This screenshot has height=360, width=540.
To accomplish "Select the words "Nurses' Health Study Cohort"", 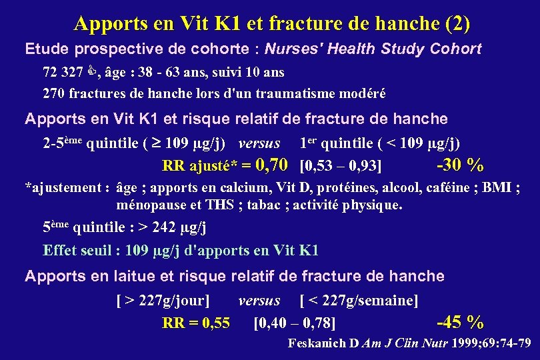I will point(373,49).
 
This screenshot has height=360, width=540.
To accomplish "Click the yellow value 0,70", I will point(272,164).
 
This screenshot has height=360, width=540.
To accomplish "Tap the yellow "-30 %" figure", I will point(459,164).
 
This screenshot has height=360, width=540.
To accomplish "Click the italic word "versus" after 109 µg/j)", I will point(259,143).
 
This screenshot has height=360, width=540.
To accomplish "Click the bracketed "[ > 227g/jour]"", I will point(163,301).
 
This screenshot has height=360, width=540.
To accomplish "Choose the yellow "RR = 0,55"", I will point(196,323).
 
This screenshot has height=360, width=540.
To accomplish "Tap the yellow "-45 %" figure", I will point(459,323).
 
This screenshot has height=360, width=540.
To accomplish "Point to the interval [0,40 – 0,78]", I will point(295,324).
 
